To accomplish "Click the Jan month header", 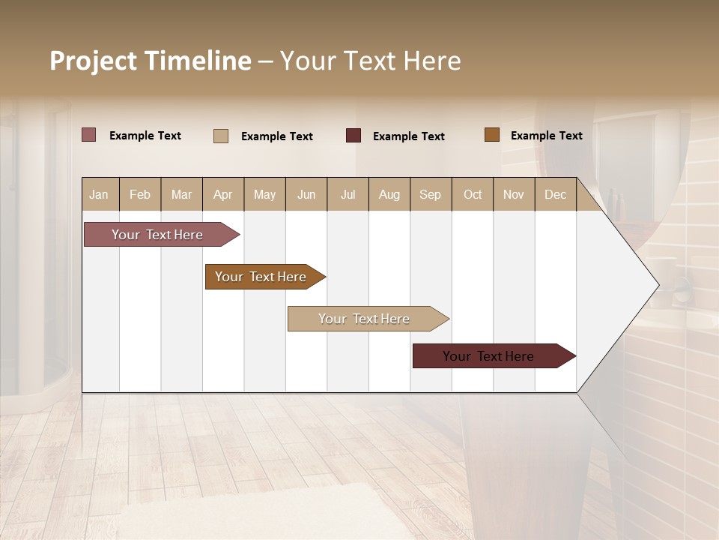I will [99, 195].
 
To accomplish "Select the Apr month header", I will [222, 195].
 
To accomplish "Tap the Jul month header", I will [348, 195].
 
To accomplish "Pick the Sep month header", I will [430, 195].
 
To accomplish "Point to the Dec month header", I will [555, 195].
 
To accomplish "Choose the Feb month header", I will [140, 195].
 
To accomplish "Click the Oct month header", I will [473, 195].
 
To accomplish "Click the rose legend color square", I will [89, 135].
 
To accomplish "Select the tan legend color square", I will [221, 136].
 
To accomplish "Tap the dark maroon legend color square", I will [354, 136].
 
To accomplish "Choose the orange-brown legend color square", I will [492, 135].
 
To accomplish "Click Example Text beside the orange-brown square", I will [546, 136].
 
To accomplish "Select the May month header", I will [264, 195].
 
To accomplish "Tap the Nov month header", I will [514, 195].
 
